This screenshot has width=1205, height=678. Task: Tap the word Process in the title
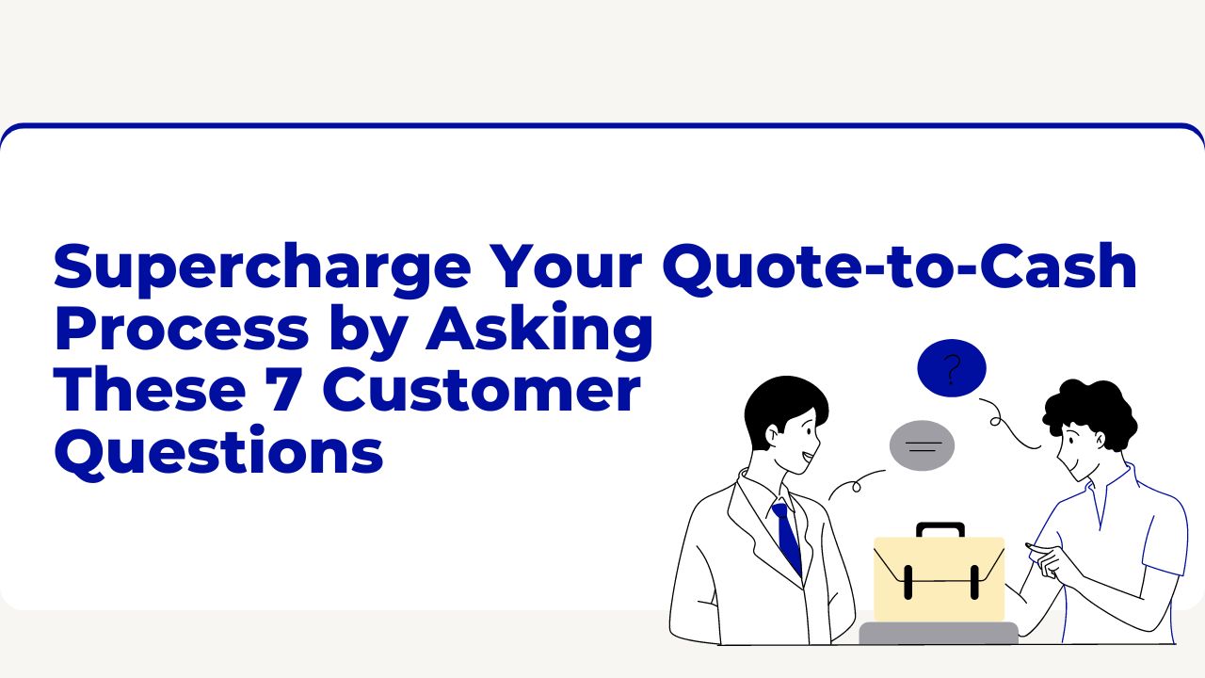[x=181, y=330]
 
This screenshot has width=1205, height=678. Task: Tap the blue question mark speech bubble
[x=952, y=368]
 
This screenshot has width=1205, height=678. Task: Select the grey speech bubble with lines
[x=923, y=445]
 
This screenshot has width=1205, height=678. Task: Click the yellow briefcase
[x=939, y=579]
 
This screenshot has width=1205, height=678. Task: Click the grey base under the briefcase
[x=939, y=633]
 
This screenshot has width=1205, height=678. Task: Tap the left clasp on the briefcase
[x=908, y=582]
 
